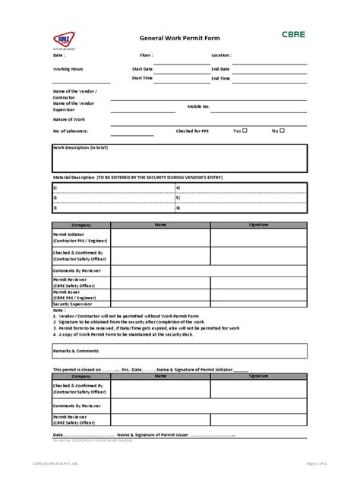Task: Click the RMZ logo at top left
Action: [65, 39]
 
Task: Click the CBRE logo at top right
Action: [292, 34]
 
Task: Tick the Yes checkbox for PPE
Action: [245, 131]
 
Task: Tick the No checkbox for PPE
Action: [282, 131]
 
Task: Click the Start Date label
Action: [142, 69]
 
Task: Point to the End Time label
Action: [220, 78]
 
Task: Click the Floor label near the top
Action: [147, 55]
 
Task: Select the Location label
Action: [221, 55]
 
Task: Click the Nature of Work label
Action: [69, 120]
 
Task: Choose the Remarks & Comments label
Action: [76, 350]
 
